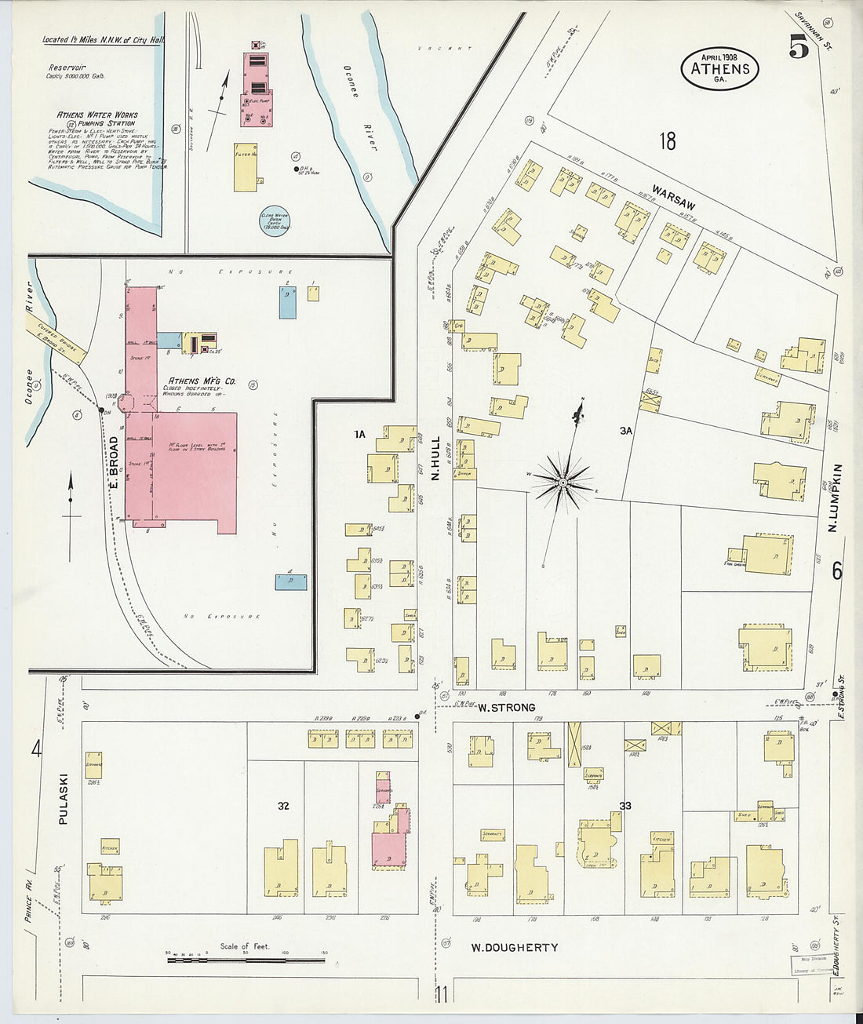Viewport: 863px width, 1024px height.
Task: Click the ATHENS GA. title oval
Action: coord(719,68)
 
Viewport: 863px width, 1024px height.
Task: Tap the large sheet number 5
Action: coord(799,49)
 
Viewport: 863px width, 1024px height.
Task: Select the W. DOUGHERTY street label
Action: coord(515,947)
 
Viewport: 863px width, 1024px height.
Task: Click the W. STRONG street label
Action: coord(506,707)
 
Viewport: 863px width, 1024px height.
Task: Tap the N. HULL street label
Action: coord(436,458)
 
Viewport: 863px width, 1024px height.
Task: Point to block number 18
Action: coord(667,141)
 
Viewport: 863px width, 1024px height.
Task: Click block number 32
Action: coord(284,806)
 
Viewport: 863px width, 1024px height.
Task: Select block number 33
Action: coord(625,806)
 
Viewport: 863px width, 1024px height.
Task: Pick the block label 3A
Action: coord(625,431)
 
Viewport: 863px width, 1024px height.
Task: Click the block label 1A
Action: coord(359,434)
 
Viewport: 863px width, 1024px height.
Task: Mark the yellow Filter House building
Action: coord(246,167)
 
